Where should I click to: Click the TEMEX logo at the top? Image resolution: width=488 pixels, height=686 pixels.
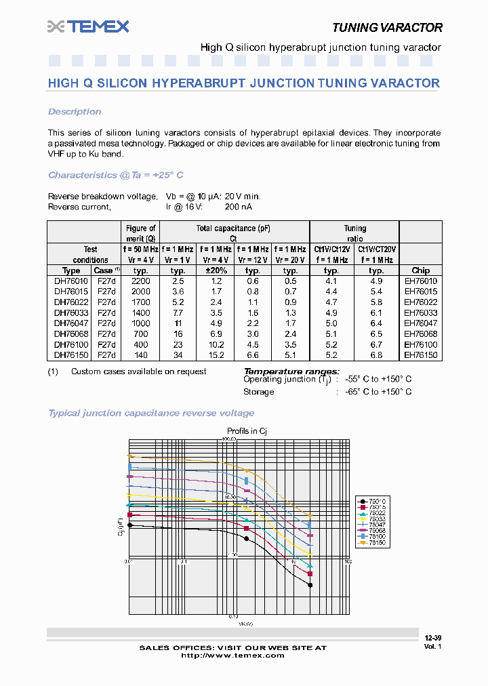pos(88,26)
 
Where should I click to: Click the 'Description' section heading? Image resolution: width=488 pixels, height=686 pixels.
pos(75,112)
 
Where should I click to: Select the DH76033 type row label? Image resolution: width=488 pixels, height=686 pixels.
pos(71,312)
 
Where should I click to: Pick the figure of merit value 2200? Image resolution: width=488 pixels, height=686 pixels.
pos(140,281)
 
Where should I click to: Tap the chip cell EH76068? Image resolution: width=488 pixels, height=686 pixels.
pos(420,334)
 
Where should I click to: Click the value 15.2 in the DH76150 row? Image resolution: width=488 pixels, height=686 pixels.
pos(216,355)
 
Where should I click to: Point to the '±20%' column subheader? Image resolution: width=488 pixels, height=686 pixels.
pos(216,270)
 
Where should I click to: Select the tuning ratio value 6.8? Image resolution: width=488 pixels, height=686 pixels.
pos(376,355)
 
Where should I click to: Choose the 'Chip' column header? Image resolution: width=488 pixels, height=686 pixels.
pos(420,270)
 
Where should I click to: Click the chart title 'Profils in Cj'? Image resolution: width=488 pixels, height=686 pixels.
pos(247,430)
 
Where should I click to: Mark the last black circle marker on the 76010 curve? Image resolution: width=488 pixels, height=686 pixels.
pos(310,585)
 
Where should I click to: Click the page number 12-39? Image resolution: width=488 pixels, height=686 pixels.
pos(432,638)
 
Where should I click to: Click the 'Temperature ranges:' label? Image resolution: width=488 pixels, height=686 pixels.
pos(291,371)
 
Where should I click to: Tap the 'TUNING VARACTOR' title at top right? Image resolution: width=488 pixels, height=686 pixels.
pos(387,28)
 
